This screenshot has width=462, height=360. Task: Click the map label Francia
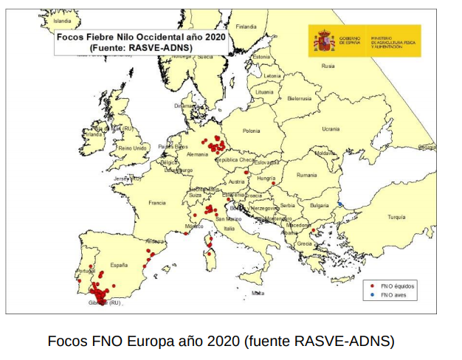156,202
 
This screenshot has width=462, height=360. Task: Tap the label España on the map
120,264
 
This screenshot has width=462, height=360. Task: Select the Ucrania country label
330,129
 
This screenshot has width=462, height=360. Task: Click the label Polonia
252,131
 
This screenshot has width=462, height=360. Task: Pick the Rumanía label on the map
306,176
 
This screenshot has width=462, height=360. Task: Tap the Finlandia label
246,27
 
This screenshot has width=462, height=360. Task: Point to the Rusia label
328,66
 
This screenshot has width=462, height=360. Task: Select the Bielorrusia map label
300,98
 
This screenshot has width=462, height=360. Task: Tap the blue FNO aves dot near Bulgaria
340,204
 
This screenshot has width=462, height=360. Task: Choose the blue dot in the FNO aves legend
373,295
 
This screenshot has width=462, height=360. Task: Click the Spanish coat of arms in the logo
324,41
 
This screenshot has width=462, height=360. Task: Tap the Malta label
258,293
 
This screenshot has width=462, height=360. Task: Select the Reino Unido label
133,148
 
